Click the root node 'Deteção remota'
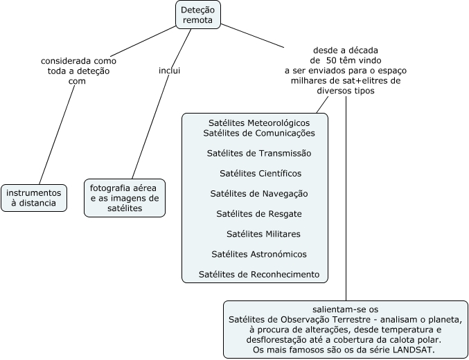[197, 15]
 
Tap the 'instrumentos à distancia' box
[35, 198]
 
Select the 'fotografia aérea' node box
[125, 198]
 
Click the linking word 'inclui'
[170, 71]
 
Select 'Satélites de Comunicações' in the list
[259, 133]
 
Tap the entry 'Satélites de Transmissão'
[259, 153]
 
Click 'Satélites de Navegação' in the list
[259, 193]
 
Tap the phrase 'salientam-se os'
[345, 308]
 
